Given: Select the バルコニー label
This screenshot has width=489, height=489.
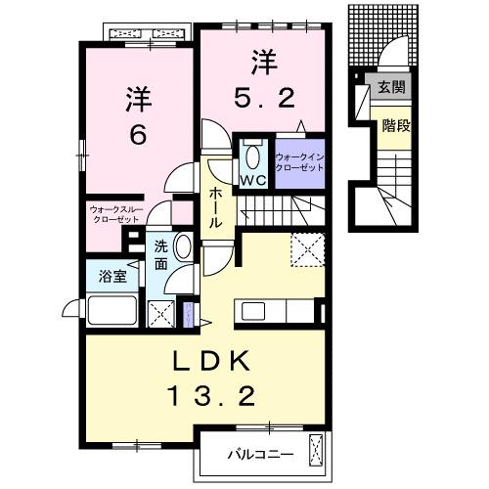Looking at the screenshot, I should [260, 453].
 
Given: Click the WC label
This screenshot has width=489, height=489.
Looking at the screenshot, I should [253, 181].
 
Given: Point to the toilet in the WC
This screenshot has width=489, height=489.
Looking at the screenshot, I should [252, 156].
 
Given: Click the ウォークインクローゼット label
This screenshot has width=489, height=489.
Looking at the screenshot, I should [298, 161].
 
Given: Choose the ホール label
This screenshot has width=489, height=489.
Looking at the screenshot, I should [215, 208].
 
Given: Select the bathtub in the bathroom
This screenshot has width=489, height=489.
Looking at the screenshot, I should [111, 312].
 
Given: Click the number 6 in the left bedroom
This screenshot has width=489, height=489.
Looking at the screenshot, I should [138, 135].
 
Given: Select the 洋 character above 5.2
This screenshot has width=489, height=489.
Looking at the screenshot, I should [261, 61].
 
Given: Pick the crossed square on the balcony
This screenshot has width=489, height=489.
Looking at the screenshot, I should [315, 451].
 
